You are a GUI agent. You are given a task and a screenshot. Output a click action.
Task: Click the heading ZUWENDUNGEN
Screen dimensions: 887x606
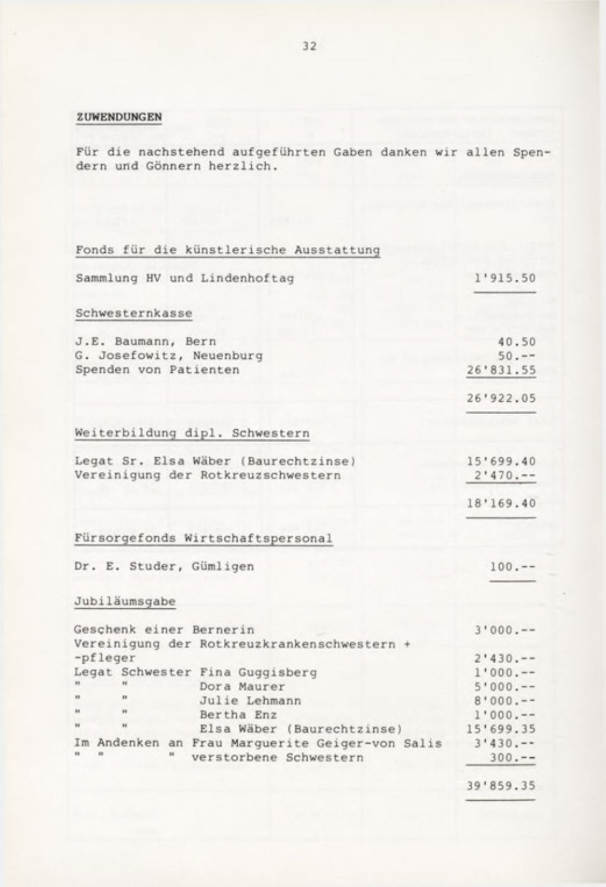(119, 118)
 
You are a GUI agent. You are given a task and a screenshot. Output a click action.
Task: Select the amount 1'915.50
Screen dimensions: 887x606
(505, 278)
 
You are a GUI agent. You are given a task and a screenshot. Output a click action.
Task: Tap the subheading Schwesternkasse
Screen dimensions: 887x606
(133, 313)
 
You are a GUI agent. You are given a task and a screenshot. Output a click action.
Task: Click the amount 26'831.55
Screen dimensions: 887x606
(501, 370)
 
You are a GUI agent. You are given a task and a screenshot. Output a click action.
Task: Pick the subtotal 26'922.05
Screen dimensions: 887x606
(501, 398)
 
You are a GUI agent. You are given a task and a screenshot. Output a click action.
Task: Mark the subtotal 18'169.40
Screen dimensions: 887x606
(501, 503)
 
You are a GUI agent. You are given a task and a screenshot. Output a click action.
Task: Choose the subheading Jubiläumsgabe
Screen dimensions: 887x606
(125, 602)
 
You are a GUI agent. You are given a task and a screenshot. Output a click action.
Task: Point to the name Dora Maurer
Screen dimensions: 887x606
(242, 686)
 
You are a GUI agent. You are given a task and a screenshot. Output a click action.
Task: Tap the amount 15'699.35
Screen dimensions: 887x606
(501, 729)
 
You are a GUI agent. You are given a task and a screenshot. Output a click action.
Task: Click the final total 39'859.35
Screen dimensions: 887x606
(501, 785)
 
